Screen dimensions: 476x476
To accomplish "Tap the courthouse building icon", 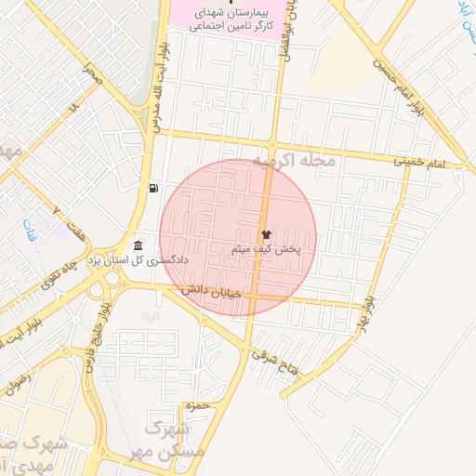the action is [139, 245].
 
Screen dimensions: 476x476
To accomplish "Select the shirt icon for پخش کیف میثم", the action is [267, 234].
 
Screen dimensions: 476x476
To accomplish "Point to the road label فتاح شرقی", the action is [282, 361].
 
